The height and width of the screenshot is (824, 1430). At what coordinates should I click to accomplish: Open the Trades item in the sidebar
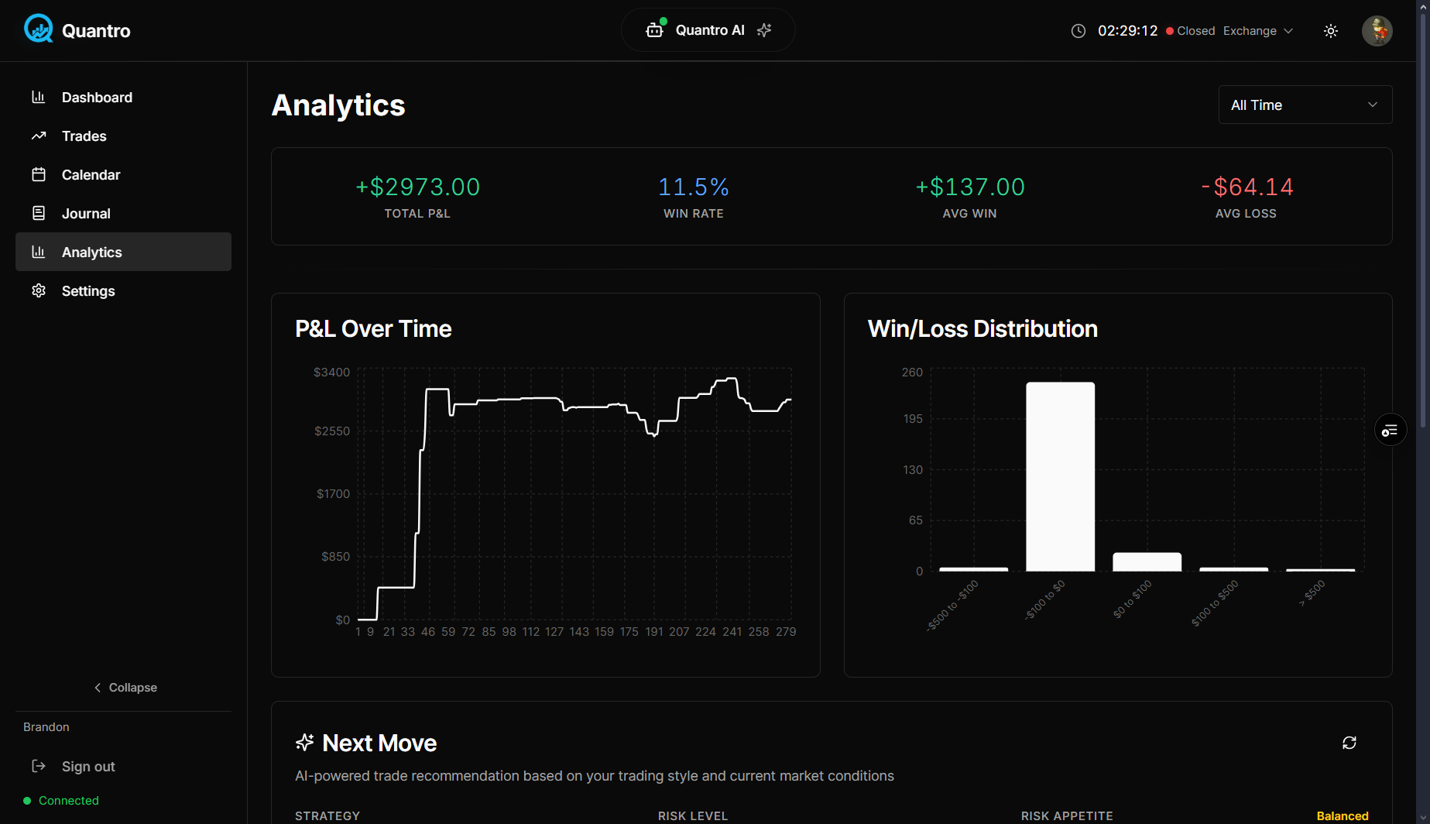(84, 136)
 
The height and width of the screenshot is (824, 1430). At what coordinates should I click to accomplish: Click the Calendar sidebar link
(91, 175)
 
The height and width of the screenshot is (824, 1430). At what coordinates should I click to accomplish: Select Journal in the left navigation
(86, 214)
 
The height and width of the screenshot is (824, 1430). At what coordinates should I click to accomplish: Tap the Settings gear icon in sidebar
(39, 291)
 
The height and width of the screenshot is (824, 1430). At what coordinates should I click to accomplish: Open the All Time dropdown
(1305, 105)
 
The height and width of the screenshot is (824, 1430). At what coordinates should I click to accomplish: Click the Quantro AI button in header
(708, 30)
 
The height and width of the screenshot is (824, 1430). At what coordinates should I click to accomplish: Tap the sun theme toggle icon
(1331, 31)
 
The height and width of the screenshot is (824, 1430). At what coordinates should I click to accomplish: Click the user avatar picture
(1377, 31)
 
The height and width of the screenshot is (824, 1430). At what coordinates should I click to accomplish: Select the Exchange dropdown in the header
(1257, 31)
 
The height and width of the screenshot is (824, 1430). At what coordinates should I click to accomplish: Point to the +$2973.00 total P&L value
(417, 187)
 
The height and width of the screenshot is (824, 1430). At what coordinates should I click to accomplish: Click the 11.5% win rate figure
(693, 187)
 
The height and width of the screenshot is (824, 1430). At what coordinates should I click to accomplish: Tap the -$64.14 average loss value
(1246, 187)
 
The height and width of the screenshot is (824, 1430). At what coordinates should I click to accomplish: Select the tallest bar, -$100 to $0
(1060, 476)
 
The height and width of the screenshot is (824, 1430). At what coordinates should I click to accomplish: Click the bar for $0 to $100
(1147, 561)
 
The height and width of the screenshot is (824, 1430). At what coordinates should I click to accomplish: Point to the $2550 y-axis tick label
(332, 431)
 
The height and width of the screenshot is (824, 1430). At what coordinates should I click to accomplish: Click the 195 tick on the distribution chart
(913, 419)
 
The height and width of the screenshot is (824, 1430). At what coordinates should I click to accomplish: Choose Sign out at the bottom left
(87, 767)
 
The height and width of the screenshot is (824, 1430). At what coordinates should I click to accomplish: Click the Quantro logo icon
(38, 29)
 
